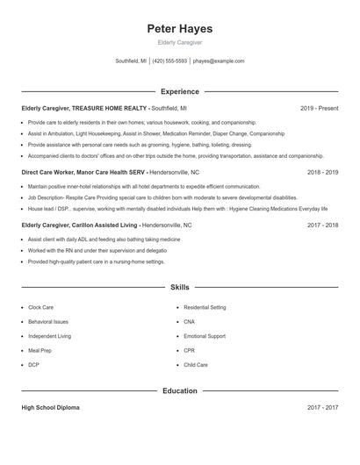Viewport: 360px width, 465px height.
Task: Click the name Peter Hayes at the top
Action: tap(179, 29)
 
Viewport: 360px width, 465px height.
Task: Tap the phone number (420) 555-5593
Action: tap(169, 61)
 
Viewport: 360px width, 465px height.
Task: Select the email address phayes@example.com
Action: tap(218, 61)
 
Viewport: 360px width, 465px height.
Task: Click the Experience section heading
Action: tap(179, 91)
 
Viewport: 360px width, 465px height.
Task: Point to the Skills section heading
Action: tap(179, 288)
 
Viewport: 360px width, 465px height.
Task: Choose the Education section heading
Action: tap(179, 390)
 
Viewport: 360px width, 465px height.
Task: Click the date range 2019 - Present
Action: tap(319, 108)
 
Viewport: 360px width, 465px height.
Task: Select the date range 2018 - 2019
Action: tap(322, 173)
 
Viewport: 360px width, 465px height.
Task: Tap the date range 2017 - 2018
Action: tap(322, 225)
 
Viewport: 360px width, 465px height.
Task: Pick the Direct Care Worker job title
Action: tap(84, 173)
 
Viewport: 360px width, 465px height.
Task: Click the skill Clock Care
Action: tap(40, 308)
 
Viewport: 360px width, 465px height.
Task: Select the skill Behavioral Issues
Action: tap(47, 322)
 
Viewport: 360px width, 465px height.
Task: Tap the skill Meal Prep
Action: tap(40, 350)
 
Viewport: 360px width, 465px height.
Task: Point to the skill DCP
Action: tap(33, 364)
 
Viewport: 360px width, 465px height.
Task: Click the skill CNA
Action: tap(190, 322)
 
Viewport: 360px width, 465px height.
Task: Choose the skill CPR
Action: tap(190, 350)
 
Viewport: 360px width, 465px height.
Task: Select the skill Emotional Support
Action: tap(205, 336)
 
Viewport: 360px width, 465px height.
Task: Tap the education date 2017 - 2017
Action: tap(322, 408)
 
